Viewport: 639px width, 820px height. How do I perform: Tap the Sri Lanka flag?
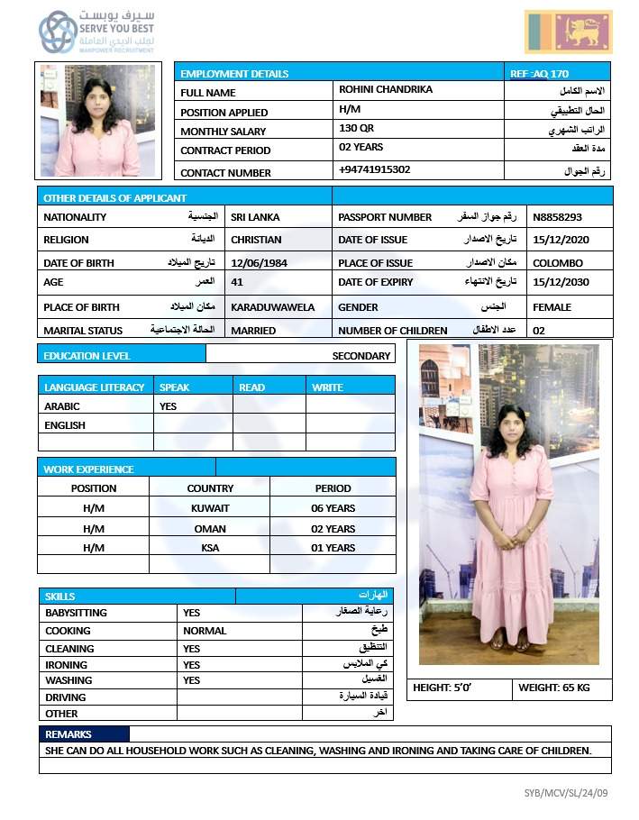[x=568, y=32]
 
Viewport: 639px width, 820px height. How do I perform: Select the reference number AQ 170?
[x=539, y=73]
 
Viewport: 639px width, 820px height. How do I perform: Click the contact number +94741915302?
[x=374, y=169]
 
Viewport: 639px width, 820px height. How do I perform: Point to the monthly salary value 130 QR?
[x=356, y=129]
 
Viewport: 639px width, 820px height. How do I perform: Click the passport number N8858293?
[x=557, y=217]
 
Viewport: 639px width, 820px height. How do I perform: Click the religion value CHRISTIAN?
[x=256, y=240]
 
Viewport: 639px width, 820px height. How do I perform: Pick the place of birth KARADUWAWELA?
[x=272, y=307]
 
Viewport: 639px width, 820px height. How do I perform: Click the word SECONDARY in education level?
[x=361, y=356]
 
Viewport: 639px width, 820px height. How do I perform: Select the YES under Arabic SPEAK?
[x=168, y=406]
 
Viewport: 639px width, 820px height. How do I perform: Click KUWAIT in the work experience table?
[x=210, y=508]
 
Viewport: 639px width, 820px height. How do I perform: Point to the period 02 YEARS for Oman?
[x=333, y=529]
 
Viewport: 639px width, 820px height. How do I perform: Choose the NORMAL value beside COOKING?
[x=205, y=631]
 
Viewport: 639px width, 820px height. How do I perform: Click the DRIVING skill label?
[x=66, y=697]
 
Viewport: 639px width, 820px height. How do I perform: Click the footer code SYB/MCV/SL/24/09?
[x=566, y=793]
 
